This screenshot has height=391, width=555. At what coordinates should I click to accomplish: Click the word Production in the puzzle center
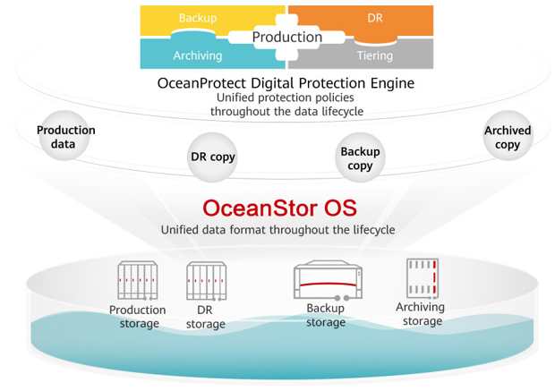pyautogui.click(x=287, y=37)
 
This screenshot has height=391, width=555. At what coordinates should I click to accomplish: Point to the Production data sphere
pyautogui.click(x=64, y=136)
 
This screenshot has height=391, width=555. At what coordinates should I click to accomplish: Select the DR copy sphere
pyautogui.click(x=212, y=157)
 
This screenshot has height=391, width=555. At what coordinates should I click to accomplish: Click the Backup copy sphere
pyautogui.click(x=361, y=157)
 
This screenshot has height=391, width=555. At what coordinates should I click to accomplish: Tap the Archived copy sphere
pyautogui.click(x=508, y=136)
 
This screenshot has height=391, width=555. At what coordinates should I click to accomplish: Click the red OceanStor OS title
pyautogui.click(x=279, y=208)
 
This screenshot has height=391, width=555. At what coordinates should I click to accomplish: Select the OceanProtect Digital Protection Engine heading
pyautogui.click(x=286, y=83)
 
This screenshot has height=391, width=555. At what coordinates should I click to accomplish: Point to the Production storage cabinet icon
pyautogui.click(x=138, y=281)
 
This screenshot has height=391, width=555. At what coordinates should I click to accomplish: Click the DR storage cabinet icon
pyautogui.click(x=207, y=281)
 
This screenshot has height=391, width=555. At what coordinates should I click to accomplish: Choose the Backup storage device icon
pyautogui.click(x=328, y=280)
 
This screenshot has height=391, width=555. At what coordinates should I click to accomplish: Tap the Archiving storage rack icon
pyautogui.click(x=423, y=278)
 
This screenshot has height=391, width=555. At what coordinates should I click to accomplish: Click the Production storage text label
pyautogui.click(x=138, y=317)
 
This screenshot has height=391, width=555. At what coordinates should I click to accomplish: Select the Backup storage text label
pyautogui.click(x=326, y=315)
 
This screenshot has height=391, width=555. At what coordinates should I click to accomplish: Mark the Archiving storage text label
pyautogui.click(x=421, y=314)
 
